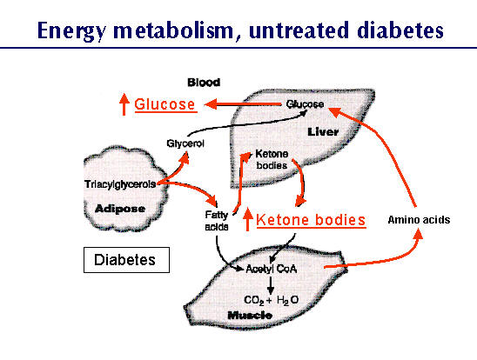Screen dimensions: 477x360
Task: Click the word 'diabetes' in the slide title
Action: click(400, 30)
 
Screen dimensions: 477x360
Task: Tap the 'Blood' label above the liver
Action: click(204, 83)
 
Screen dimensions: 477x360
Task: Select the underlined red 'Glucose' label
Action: click(165, 104)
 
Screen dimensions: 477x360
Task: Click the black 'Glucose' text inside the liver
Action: click(305, 104)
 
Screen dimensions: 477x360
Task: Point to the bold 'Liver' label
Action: click(323, 132)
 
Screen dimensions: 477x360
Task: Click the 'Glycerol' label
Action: click(185, 143)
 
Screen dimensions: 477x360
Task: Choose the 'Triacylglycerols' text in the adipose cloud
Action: click(120, 184)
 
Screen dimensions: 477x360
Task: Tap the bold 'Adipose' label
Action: click(120, 209)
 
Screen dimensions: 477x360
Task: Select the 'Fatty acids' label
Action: click(217, 221)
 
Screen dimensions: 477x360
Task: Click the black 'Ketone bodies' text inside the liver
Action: click(272, 159)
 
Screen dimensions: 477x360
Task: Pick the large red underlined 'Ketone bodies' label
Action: click(311, 220)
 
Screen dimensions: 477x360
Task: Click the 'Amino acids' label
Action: click(419, 220)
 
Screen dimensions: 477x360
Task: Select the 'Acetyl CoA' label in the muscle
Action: click(271, 269)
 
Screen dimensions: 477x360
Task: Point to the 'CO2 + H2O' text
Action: click(271, 300)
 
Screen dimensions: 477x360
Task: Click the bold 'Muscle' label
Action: click(250, 316)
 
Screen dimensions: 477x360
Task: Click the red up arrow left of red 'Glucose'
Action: click(124, 104)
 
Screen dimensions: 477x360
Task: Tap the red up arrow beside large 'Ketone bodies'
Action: click(247, 219)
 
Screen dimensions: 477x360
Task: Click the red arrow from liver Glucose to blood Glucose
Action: click(243, 104)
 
